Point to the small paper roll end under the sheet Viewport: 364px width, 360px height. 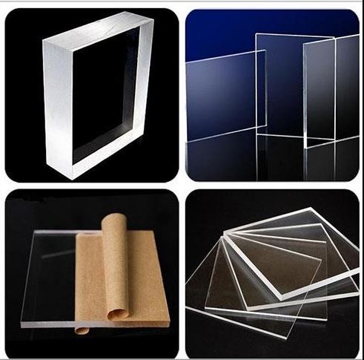point(82,330)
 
